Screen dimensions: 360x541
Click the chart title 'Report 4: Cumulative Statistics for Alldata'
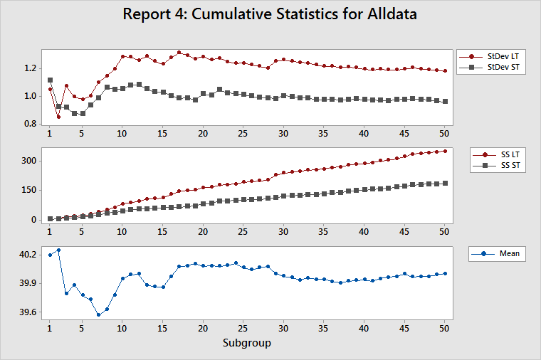270,14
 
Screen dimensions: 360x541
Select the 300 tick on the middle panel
29,161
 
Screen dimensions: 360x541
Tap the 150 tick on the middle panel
29,190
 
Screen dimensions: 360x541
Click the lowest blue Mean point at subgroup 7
98,314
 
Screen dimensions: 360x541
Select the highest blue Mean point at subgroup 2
58,250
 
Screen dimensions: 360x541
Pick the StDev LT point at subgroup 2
58,117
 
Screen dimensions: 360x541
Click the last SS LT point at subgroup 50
445,151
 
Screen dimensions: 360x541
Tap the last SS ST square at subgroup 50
445,183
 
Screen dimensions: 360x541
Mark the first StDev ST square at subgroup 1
50,80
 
